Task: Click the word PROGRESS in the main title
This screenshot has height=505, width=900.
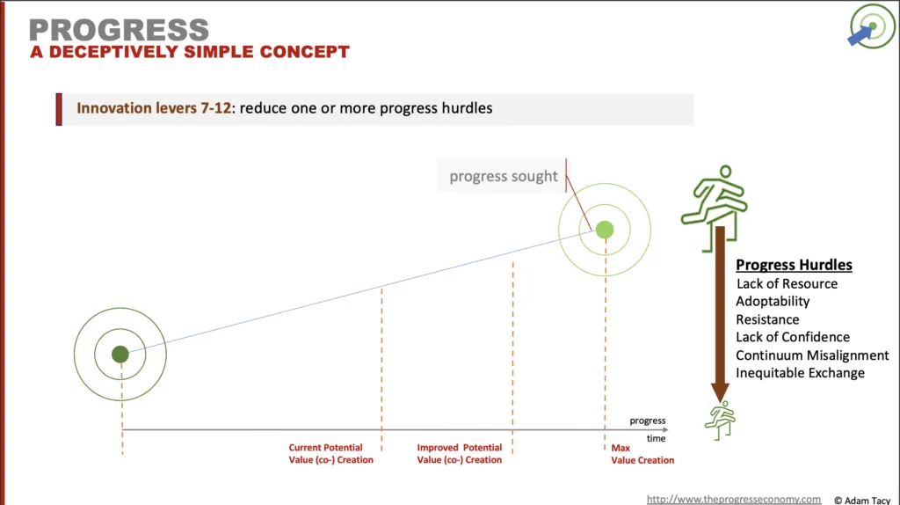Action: coord(119,30)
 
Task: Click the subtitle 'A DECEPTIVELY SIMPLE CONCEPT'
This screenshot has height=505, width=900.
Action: coord(190,52)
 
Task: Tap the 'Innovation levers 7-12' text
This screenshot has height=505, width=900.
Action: coord(154,108)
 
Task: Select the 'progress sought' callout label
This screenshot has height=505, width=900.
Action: coord(503,176)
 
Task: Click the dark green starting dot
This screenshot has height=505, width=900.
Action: coord(120,354)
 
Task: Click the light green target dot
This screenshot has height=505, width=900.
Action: coord(605,230)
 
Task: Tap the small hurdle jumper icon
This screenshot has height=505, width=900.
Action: coord(721,421)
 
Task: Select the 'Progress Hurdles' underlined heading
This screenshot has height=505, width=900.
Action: coord(794,265)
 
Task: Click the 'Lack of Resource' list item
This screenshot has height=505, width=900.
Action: coord(787,284)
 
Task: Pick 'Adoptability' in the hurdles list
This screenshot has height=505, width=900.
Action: coord(773,302)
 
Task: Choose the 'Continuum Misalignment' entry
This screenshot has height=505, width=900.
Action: coord(812,355)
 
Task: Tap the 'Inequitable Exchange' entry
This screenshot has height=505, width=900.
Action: coord(800,373)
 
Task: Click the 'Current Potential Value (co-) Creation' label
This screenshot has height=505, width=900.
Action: coord(330,453)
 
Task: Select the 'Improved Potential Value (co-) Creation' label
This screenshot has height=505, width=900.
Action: coord(459,453)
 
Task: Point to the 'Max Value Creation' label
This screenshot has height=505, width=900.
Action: coord(642,454)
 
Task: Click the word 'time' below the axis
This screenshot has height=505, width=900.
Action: coord(656,438)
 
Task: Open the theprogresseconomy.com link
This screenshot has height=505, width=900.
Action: coord(734,499)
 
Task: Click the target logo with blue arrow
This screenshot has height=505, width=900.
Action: coord(872,26)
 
